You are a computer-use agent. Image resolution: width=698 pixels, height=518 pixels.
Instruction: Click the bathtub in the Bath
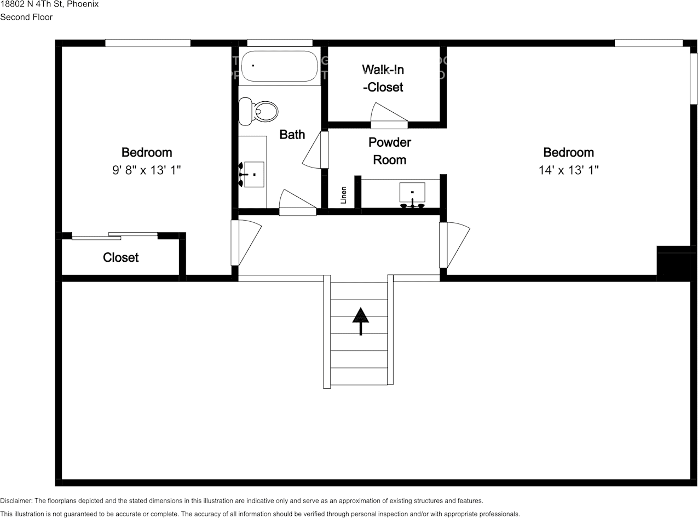coord(279,66)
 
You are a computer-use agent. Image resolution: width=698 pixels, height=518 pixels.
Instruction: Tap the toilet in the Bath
coord(259,111)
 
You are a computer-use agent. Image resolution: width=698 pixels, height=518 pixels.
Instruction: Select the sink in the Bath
coord(253,174)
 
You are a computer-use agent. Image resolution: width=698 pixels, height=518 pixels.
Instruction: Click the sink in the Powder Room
coord(412,193)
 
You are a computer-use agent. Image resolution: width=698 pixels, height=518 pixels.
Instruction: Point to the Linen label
coord(344,195)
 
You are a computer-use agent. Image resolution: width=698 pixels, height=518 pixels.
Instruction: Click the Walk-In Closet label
coord(383,78)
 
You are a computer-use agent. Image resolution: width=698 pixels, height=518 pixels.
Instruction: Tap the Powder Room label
coord(389,151)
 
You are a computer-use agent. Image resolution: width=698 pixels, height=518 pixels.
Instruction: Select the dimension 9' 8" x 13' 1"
coord(147,170)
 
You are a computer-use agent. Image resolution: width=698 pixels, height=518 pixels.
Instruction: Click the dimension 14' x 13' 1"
coord(568,170)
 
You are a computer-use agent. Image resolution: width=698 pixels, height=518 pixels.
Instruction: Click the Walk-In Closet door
coord(389,117)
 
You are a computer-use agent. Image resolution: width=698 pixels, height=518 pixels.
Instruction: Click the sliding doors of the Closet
coord(114,236)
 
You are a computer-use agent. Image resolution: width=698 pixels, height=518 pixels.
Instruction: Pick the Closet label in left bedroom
coord(121,257)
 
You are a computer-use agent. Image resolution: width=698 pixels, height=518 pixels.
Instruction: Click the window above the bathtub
coord(279,43)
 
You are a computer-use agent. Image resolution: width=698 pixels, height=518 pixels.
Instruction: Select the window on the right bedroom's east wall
coord(693,78)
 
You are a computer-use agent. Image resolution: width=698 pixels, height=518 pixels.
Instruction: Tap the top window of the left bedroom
coord(148,43)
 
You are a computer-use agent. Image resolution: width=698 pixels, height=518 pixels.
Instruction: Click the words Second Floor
coord(26,17)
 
